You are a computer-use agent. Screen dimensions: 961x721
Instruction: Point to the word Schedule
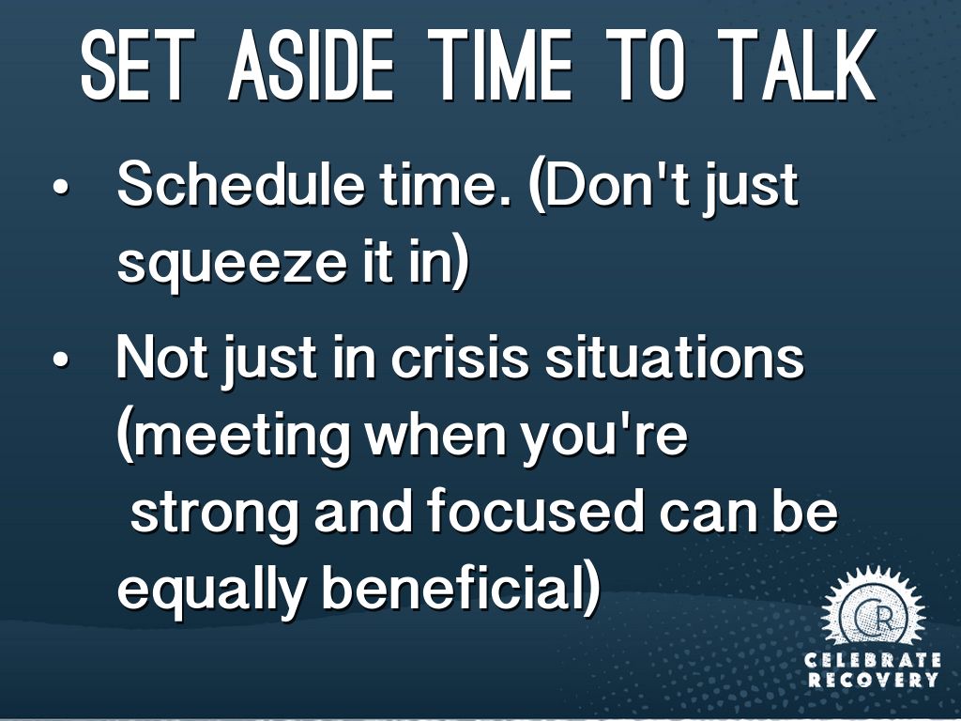pyautogui.click(x=240, y=184)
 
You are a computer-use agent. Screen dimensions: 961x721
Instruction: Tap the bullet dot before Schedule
pyautogui.click(x=60, y=187)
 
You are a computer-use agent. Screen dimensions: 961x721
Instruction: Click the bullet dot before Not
pyautogui.click(x=60, y=360)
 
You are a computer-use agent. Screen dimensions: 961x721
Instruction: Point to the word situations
pyautogui.click(x=674, y=357)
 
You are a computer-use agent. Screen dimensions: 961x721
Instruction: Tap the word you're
pyautogui.click(x=603, y=439)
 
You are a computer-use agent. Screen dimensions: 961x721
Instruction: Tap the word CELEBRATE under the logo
pyautogui.click(x=873, y=660)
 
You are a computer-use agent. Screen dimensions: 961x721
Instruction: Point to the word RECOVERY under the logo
pyautogui.click(x=873, y=680)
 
